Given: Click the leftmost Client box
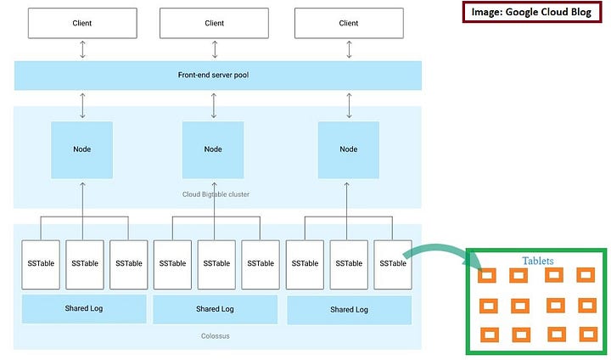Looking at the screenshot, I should [x=82, y=23].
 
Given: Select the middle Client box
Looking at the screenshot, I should [x=216, y=23].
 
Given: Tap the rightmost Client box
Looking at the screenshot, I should [x=349, y=23].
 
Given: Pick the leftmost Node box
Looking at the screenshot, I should [x=82, y=149].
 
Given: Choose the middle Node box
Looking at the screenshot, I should [x=214, y=149].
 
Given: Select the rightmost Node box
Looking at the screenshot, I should [x=348, y=149].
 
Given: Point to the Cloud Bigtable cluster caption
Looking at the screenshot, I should [x=216, y=194].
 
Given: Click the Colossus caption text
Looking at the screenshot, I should [x=216, y=335].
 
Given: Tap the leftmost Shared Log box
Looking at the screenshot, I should [x=83, y=309].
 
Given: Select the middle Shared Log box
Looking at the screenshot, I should [x=216, y=309].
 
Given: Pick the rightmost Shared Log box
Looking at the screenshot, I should [x=349, y=310].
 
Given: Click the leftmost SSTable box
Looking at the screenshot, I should [x=39, y=263].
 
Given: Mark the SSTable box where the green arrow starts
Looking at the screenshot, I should [x=392, y=263].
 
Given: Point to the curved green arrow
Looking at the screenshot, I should [x=437, y=248].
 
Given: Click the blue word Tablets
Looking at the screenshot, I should [x=537, y=261].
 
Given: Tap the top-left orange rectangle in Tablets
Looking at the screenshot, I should [x=486, y=275].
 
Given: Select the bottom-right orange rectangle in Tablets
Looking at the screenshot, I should [x=586, y=333].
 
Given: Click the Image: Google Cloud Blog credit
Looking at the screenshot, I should [x=531, y=12].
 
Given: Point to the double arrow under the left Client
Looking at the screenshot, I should [x=82, y=49].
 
